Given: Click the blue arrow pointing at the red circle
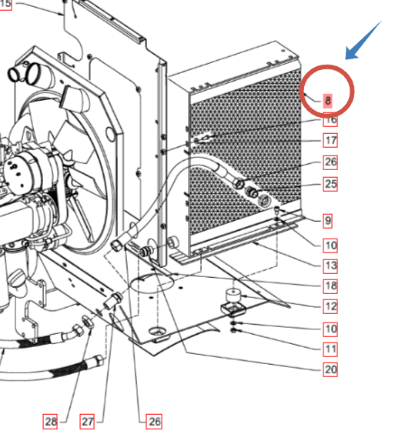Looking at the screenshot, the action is click(363, 40).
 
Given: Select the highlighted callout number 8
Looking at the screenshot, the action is click(327, 101).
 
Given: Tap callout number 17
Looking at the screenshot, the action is click(330, 140).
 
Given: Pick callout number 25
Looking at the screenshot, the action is click(330, 184).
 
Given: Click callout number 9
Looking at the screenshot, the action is click(327, 220).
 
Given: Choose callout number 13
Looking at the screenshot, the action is click(330, 266).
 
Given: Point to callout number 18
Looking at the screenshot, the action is click(330, 286).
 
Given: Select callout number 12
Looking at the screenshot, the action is click(330, 306).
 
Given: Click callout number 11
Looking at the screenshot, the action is click(330, 349).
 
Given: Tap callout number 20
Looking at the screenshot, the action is click(330, 369).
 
